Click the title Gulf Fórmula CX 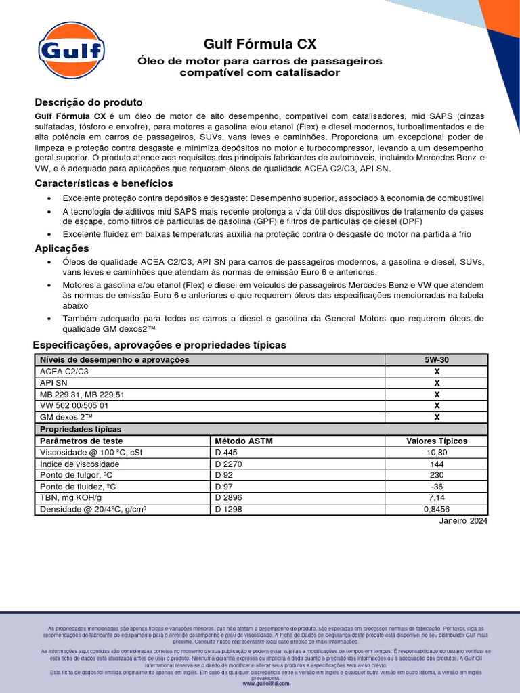pyautogui.click(x=260, y=45)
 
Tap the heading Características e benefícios pyautogui.click(x=104, y=183)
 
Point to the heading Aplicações pyautogui.click(x=62, y=248)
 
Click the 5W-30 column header pyautogui.click(x=436, y=360)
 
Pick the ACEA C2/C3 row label pyautogui.click(x=64, y=372)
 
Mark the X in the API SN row pyautogui.click(x=436, y=383)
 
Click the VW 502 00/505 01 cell pyautogui.click(x=74, y=406)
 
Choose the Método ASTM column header pyautogui.click(x=243, y=441)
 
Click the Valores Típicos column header pyautogui.click(x=436, y=441)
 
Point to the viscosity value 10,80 pyautogui.click(x=436, y=452)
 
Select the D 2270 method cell pyautogui.click(x=228, y=464)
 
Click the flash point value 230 pyautogui.click(x=436, y=475)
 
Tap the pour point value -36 pyautogui.click(x=436, y=487)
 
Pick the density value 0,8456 pyautogui.click(x=436, y=510)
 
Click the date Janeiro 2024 pyautogui.click(x=463, y=521)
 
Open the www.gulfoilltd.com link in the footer pyautogui.click(x=265, y=684)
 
